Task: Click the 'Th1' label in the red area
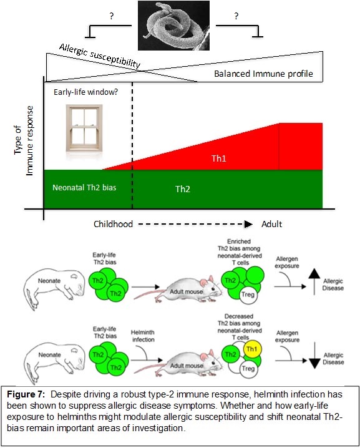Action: pyautogui.click(x=217, y=158)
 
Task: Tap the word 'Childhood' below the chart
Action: pyautogui.click(x=113, y=224)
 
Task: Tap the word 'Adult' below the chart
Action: pyautogui.click(x=271, y=224)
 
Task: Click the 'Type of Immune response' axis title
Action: pyautogui.click(x=24, y=142)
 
